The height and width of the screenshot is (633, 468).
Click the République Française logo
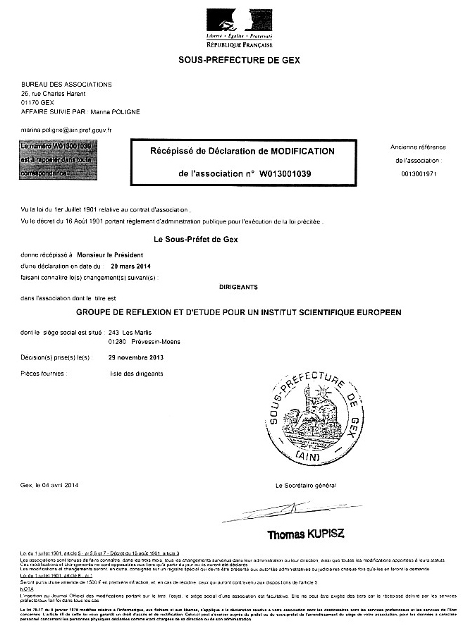[239, 27]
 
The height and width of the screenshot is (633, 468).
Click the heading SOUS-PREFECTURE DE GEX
[239, 61]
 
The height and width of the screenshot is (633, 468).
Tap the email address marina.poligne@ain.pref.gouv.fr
[67, 130]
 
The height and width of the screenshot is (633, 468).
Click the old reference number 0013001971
[418, 173]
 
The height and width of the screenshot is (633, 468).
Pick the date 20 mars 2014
[131, 266]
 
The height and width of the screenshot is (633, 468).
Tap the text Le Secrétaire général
[306, 486]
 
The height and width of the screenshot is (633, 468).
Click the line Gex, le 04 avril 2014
[51, 486]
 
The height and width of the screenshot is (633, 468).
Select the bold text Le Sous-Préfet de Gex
[200, 240]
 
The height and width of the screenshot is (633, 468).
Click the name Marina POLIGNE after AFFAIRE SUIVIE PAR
[115, 111]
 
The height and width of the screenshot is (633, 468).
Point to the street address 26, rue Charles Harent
[54, 93]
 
